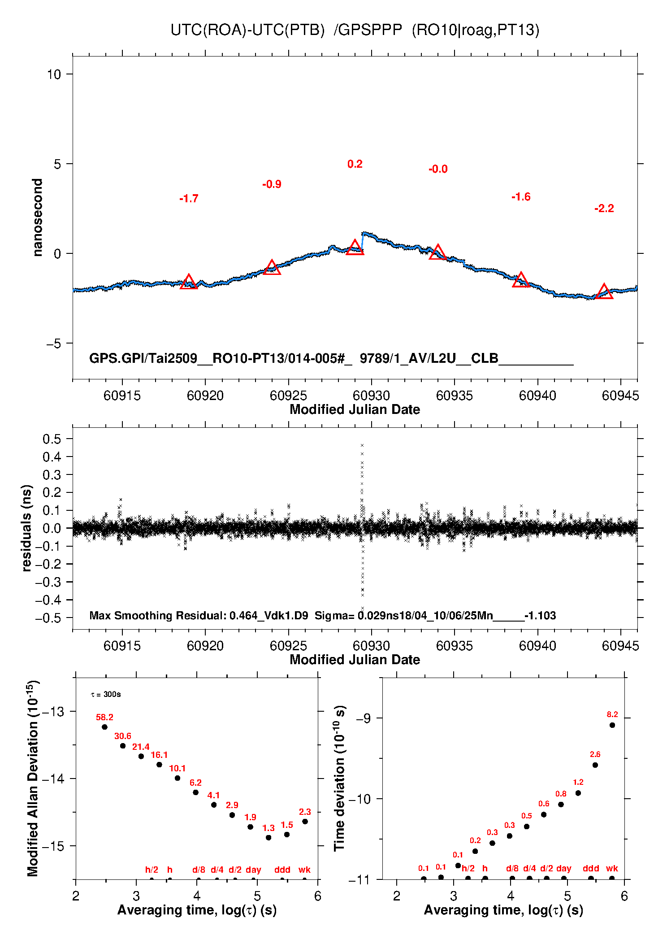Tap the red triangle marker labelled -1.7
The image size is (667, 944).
click(x=189, y=282)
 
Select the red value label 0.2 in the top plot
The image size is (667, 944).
click(x=355, y=164)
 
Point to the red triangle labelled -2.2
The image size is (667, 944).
click(x=604, y=292)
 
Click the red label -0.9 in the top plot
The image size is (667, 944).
click(x=272, y=184)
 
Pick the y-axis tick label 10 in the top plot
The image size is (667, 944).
click(x=54, y=74)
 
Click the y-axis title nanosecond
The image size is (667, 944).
click(x=38, y=218)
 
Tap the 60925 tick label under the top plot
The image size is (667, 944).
click(x=288, y=396)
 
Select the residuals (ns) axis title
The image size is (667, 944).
click(x=27, y=528)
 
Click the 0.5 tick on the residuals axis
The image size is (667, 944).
click(x=52, y=439)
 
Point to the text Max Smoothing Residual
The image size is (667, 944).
click(x=157, y=615)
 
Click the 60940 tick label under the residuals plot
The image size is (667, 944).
click(x=537, y=646)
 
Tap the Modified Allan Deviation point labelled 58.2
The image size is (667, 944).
click(x=104, y=727)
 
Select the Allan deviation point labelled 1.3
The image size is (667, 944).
click(x=269, y=837)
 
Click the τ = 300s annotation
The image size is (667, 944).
click(x=106, y=694)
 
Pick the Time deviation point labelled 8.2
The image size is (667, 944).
click(x=612, y=725)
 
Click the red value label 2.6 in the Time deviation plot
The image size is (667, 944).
click(x=595, y=754)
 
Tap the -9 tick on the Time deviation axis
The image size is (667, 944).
click(x=363, y=718)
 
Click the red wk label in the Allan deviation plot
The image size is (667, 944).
click(x=304, y=870)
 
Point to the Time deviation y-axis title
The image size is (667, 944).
click(x=340, y=779)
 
